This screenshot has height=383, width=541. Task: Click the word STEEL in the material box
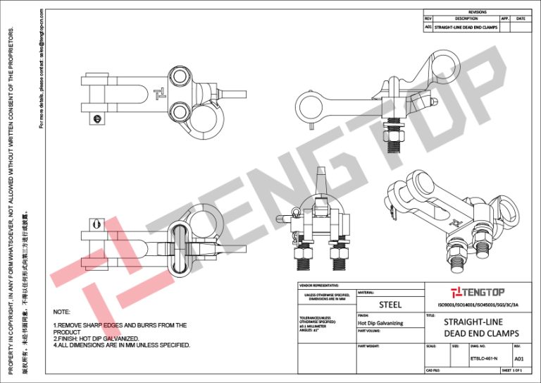click(x=390, y=305)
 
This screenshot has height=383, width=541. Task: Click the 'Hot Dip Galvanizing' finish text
click(x=380, y=322)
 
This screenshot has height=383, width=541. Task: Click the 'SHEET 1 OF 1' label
click(x=511, y=370)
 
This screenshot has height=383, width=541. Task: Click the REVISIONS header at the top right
click(x=477, y=13)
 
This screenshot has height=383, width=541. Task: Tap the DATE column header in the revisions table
click(x=521, y=19)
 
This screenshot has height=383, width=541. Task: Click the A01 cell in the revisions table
click(x=428, y=27)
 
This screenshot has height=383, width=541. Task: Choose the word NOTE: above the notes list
click(x=62, y=311)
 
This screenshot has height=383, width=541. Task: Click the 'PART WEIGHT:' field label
click(x=368, y=346)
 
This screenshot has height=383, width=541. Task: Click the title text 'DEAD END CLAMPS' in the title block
click(x=481, y=332)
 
